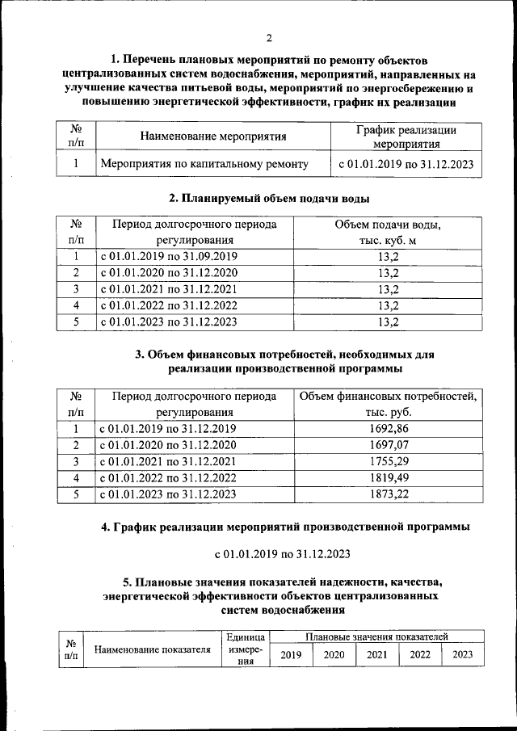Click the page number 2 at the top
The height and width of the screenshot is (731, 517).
point(271,37)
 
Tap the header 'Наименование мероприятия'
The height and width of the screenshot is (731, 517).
point(213,137)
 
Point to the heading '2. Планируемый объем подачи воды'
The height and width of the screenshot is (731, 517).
point(271,199)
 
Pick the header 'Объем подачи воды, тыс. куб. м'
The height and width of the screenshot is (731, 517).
point(388,231)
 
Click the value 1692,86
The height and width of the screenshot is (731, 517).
point(388,428)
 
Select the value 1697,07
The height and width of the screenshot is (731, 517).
point(388,445)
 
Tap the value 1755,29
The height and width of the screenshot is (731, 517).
point(388,461)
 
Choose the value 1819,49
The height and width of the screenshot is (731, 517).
point(388,478)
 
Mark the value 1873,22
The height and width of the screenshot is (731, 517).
point(388,494)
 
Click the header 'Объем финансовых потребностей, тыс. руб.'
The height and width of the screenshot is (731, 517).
point(388,404)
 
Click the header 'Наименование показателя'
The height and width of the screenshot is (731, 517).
point(153,649)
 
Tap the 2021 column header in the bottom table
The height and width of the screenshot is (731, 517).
point(377,654)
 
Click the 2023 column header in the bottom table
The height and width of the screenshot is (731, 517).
point(463,654)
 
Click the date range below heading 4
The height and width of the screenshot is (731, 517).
point(282,554)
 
